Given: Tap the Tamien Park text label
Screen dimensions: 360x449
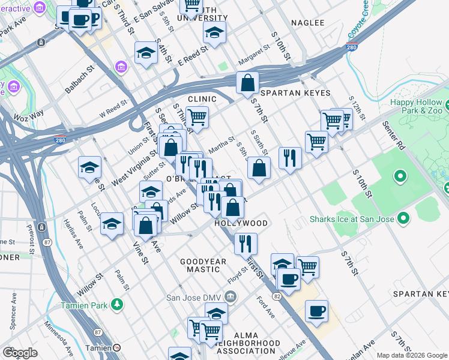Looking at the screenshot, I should [84, 304].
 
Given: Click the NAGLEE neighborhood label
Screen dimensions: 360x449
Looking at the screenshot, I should [307, 23].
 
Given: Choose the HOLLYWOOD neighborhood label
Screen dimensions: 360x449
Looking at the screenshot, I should [241, 223].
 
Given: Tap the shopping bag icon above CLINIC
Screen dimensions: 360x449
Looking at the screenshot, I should [247, 83].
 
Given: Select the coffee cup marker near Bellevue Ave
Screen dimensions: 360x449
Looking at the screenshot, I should [316, 311].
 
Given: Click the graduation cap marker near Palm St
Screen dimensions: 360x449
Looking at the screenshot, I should [112, 224].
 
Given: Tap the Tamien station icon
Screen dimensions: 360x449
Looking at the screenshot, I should [116, 348].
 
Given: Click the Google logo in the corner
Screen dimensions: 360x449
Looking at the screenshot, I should [20, 353].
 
